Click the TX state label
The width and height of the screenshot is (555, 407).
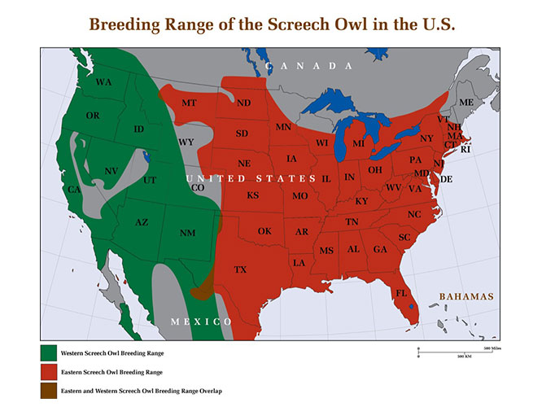(240, 269)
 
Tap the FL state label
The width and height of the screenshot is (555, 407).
(401, 293)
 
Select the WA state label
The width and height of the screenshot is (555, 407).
(103, 83)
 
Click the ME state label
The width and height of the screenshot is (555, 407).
(466, 103)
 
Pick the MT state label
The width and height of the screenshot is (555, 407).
(190, 104)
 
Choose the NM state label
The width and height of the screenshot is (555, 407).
(187, 234)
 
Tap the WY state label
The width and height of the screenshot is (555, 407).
(186, 142)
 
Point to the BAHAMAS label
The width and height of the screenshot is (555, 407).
(466, 297)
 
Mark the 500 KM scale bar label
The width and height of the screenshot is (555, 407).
(465, 357)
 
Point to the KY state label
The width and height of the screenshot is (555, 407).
(362, 201)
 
